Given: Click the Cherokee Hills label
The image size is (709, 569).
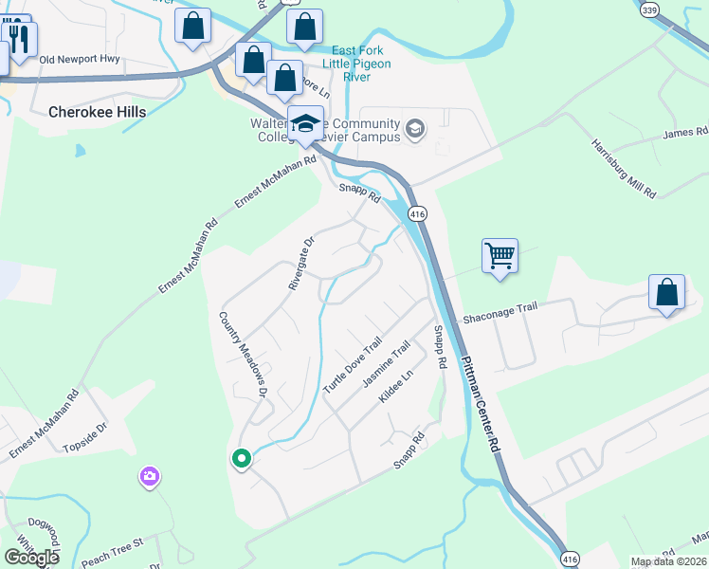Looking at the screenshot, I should [98, 112].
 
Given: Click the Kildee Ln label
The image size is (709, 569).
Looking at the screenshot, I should [396, 387].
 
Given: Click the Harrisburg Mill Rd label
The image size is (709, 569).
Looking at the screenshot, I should [624, 169].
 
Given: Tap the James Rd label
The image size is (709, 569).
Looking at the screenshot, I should [684, 133].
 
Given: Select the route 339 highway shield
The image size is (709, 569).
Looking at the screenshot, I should [648, 9].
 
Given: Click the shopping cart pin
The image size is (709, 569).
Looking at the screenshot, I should [500, 255].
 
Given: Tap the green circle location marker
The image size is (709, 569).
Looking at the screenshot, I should [241, 458].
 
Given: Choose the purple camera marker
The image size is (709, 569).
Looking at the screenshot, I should [149, 475].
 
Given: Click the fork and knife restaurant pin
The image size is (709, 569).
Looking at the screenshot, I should [20, 38].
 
